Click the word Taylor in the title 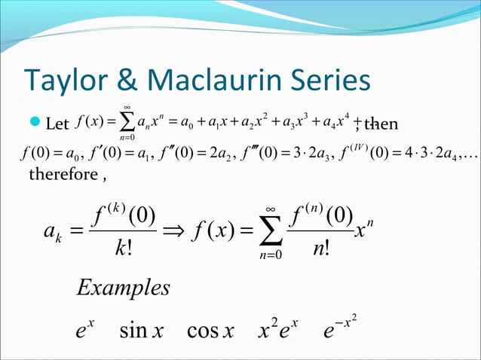62,81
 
